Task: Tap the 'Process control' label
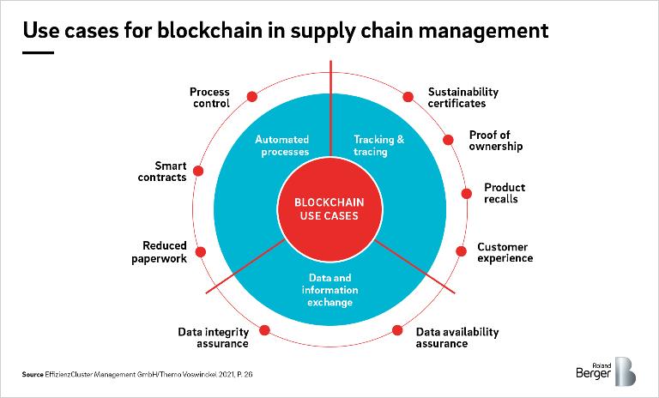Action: coord(209,98)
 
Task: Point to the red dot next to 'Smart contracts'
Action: coord(198,171)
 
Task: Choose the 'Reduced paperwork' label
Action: coord(164,252)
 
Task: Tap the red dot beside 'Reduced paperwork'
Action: coord(203,251)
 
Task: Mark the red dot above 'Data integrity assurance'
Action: coord(264,329)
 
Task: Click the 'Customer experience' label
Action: coord(505,253)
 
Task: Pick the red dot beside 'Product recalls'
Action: coord(467,194)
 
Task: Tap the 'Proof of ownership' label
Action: coord(495,140)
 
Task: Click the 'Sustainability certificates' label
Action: coord(463,98)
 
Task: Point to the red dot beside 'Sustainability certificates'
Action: coord(408,98)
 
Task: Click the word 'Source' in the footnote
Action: coord(33,375)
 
